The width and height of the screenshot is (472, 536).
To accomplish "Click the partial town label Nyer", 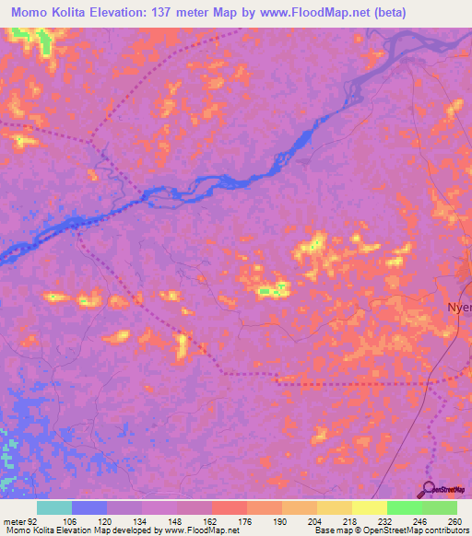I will point(458,309).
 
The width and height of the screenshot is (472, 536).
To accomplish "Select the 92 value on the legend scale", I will point(33,521).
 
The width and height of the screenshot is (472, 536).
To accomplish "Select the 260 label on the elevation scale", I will point(454,521).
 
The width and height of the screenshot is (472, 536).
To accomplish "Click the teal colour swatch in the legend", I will point(54,507).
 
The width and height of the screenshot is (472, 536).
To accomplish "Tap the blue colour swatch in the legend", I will point(89,507).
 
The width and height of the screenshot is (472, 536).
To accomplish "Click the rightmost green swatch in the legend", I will point(439,507).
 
